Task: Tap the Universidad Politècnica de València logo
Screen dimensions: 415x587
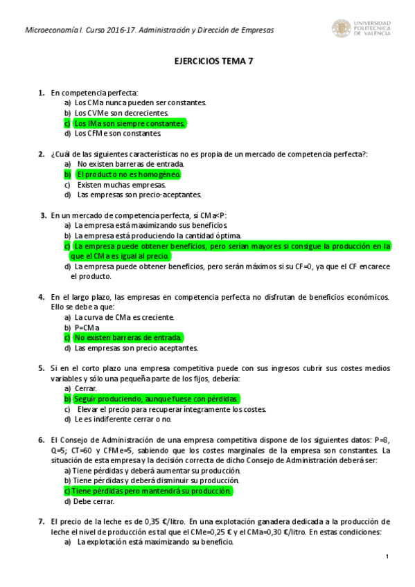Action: point(361,28)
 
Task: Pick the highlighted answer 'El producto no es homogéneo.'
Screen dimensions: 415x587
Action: point(128,174)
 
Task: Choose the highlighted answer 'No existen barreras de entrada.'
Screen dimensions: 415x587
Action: point(128,338)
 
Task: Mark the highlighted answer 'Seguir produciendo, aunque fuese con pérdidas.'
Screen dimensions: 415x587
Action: point(156,399)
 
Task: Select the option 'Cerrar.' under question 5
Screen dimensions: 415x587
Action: point(85,389)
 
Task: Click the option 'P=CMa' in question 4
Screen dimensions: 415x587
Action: point(87,327)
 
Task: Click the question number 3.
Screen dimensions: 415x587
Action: point(44,215)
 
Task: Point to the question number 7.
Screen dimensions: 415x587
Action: point(41,522)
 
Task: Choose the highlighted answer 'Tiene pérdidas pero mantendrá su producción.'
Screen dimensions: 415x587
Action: point(151,491)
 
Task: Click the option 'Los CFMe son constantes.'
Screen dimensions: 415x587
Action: point(118,134)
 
